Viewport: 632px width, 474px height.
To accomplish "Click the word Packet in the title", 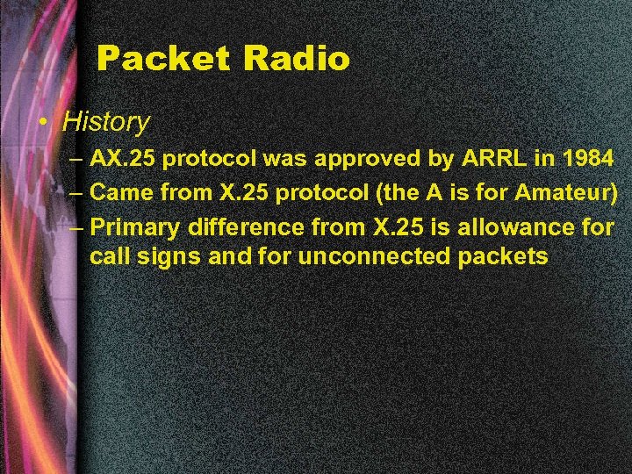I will coord(163,59).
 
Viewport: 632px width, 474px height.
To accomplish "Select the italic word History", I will coord(106,121).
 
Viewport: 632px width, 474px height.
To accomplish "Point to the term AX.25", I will coord(124,159).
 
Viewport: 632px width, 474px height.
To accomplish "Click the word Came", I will coord(121,191).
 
